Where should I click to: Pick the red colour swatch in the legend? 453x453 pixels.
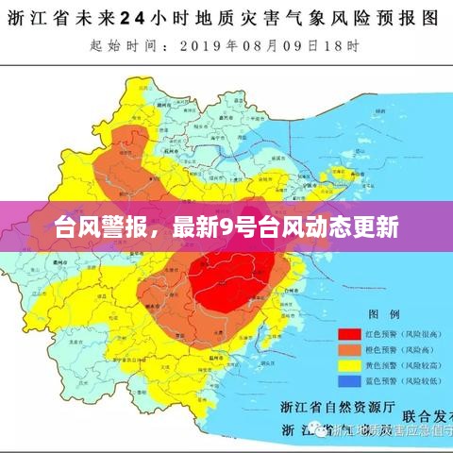[x=351, y=333]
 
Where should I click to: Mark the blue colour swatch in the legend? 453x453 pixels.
[x=351, y=381]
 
